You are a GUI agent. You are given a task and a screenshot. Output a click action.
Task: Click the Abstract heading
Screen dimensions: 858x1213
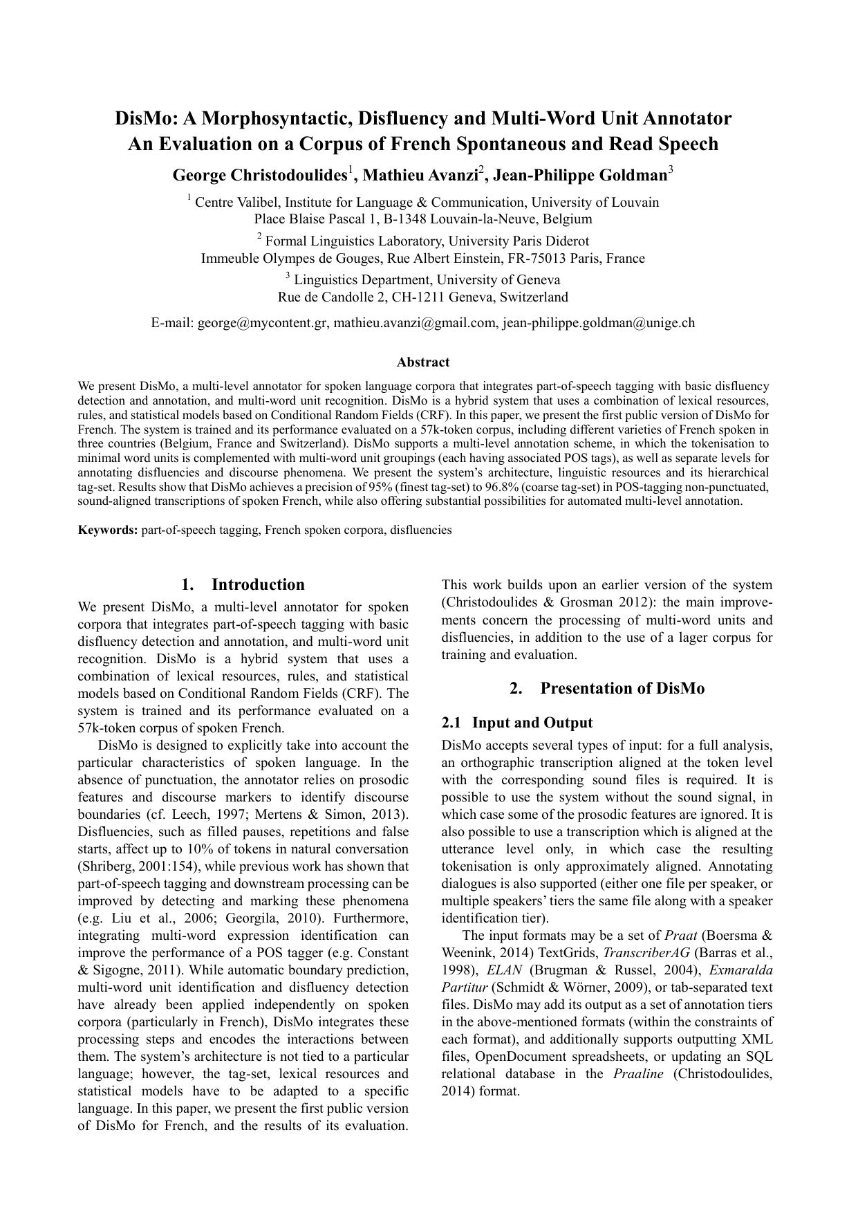click(423, 362)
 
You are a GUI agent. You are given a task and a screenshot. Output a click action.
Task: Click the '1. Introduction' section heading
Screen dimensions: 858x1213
click(243, 584)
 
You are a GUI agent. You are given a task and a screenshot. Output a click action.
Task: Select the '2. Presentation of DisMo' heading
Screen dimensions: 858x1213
click(607, 688)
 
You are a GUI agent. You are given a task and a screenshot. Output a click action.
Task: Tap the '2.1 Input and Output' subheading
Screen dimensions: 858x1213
click(517, 723)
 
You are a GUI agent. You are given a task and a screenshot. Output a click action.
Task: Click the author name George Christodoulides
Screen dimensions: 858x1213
click(259, 176)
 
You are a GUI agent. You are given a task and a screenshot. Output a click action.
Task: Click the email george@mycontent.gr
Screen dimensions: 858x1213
click(262, 322)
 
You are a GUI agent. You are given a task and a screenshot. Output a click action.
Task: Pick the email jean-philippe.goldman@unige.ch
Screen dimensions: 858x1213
click(599, 322)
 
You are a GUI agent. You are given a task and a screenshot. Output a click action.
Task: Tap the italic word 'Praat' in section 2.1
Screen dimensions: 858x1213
click(679, 936)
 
